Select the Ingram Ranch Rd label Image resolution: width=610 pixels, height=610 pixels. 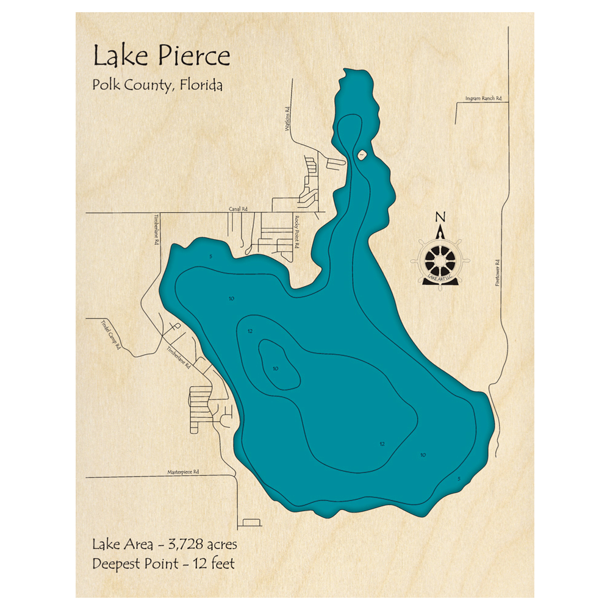[483, 98]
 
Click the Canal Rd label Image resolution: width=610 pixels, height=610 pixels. [238, 209]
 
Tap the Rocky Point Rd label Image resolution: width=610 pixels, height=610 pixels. [298, 232]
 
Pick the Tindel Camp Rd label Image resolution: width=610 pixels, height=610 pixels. [112, 334]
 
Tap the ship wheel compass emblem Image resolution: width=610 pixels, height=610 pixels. [439, 260]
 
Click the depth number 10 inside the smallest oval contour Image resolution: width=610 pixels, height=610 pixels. [275, 368]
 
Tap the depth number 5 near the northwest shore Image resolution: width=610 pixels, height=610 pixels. [210, 257]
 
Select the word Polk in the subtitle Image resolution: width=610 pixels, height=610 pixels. [105, 85]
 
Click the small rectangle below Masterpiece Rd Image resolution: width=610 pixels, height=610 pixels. [251, 522]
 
